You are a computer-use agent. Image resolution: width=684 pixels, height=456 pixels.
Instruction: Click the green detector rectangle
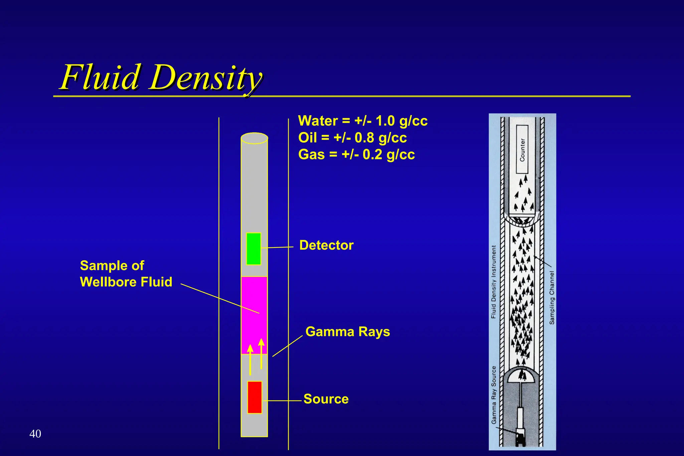[x=253, y=249]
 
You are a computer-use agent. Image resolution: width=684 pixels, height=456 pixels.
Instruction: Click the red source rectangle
[x=254, y=397]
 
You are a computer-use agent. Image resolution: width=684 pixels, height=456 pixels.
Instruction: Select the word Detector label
[x=326, y=245]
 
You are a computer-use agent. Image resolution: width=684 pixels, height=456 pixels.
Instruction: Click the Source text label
[x=326, y=399]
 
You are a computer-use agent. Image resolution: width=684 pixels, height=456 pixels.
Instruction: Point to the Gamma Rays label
[x=348, y=332]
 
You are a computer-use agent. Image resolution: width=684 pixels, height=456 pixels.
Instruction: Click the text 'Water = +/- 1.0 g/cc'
[x=363, y=121]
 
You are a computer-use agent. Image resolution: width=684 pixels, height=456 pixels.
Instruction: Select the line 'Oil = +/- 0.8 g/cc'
[x=352, y=138]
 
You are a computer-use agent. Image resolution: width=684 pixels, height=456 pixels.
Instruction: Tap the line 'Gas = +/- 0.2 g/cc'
[x=356, y=155]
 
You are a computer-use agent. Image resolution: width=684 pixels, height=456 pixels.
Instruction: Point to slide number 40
[x=35, y=434]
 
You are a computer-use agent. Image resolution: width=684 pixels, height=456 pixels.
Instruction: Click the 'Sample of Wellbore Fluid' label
[x=126, y=274]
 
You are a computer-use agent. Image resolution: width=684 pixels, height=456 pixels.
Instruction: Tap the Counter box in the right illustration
[x=522, y=149]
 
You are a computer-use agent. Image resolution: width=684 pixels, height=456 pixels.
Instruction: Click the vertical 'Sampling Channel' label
[x=552, y=297]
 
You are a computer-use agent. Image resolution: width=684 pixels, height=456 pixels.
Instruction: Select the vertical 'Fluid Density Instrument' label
[x=494, y=282]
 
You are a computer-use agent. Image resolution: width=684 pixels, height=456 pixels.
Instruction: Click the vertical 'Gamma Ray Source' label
[x=494, y=395]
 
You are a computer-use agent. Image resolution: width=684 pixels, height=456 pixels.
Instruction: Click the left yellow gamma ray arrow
[x=250, y=360]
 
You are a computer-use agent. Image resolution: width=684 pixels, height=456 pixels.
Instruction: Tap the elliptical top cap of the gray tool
[x=254, y=138]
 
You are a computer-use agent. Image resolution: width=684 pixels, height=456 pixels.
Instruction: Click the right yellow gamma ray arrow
[x=261, y=353]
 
